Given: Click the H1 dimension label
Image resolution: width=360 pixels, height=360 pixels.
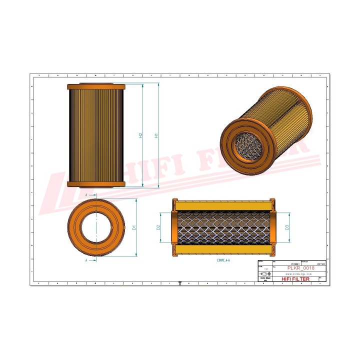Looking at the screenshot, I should (156, 135).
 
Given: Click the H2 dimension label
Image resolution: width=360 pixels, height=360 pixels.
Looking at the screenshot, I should (141, 135).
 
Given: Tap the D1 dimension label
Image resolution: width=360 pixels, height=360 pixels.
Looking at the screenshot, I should (134, 227).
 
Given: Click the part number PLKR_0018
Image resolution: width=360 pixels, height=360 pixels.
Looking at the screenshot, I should (299, 268).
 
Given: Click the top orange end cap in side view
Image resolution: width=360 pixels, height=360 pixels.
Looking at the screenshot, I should (96, 86).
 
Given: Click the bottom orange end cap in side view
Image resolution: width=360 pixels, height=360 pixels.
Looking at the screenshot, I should (96, 184).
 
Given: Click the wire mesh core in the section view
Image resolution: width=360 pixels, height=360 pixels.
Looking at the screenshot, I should (223, 227).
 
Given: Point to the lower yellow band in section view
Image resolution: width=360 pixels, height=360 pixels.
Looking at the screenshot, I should (223, 250).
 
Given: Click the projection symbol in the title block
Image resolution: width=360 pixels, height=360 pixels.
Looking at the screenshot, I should (265, 274).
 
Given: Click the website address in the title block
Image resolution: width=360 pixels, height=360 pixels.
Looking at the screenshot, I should (298, 274).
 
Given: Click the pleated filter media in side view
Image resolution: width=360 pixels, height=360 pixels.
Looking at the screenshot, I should (96, 135).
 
